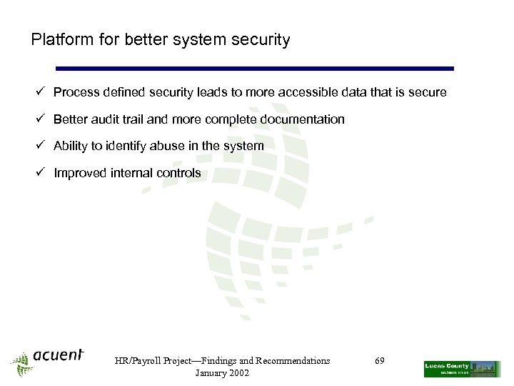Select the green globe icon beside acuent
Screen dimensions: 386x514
tap(21, 364)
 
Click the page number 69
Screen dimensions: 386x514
tap(380, 361)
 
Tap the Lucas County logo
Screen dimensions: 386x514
tap(461, 369)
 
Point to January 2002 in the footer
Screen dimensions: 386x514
tap(222, 373)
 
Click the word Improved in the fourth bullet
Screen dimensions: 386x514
tap(80, 173)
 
